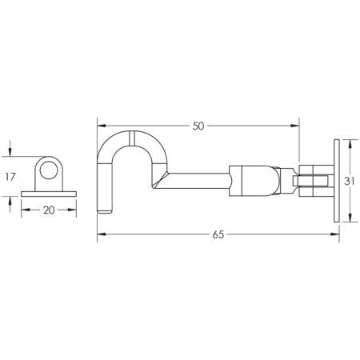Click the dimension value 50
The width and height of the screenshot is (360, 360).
(198, 126)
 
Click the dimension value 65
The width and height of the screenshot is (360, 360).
(218, 234)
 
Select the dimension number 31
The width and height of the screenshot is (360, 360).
(349, 182)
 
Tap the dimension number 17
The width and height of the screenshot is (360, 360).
(10, 177)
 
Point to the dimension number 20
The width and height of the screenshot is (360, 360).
(49, 210)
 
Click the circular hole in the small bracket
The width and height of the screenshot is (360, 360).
(49, 170)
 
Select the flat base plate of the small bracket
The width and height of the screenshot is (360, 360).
(49, 194)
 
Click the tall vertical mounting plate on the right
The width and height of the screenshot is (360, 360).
(337, 181)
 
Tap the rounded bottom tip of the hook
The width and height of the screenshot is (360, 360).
(105, 212)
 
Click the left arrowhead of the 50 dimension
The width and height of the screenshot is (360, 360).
(102, 126)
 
